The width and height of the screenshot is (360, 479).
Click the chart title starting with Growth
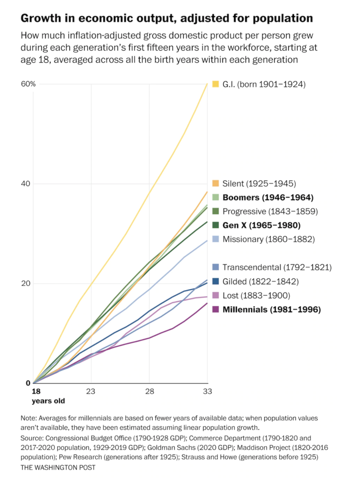[x=166, y=18]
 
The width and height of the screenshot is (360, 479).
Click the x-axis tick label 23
[x=91, y=391]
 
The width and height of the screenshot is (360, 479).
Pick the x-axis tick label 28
[x=149, y=391]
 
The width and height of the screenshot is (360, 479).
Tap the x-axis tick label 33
[x=207, y=391]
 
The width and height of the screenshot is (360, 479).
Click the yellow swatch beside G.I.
[x=215, y=84]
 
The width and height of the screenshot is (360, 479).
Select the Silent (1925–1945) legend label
[x=259, y=184]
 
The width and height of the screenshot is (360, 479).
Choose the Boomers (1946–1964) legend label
[x=268, y=197]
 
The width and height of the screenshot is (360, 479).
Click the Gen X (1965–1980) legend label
[x=261, y=225]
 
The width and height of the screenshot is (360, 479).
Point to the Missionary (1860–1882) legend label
[x=269, y=239]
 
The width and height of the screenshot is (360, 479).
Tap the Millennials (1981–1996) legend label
[x=271, y=309]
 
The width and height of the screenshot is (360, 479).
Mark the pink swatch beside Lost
[x=215, y=295]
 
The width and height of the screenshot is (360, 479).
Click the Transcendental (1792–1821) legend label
[x=277, y=267]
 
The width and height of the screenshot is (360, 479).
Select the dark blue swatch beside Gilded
[x=215, y=282]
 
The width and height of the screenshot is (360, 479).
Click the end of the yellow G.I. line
[x=207, y=83]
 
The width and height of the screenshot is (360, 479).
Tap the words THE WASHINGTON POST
[x=58, y=467]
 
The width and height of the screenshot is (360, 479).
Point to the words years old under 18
[x=48, y=400]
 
